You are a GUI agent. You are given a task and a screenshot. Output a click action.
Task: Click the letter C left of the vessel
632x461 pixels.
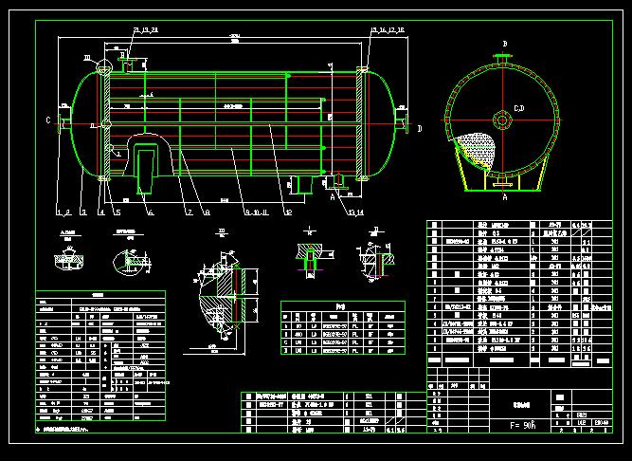47,120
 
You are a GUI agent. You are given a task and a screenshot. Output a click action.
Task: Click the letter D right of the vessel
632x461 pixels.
420,127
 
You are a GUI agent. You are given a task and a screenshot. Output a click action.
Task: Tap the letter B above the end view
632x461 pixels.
505,45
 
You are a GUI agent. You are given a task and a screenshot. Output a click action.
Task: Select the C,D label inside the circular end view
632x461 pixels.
518,109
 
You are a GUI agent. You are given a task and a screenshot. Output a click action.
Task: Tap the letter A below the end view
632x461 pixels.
504,199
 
